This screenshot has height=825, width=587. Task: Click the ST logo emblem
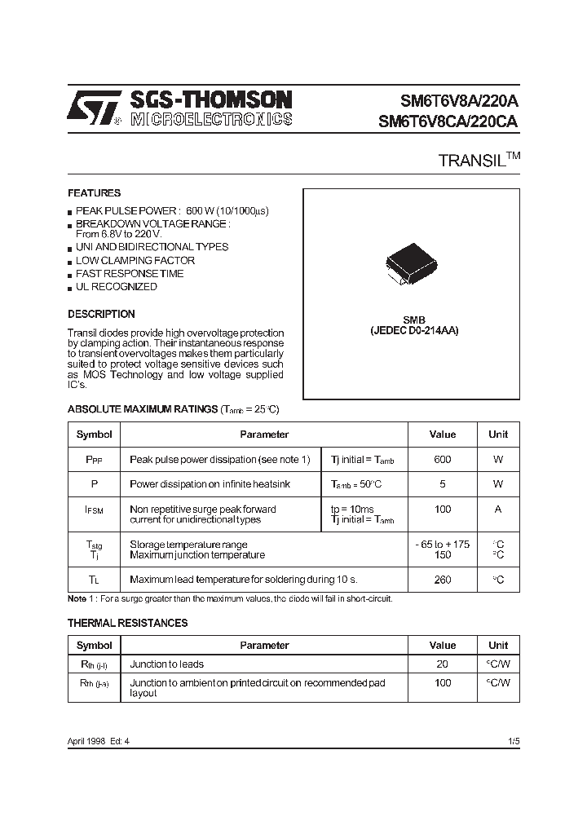pos(95,108)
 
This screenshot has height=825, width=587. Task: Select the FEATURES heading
pos(94,193)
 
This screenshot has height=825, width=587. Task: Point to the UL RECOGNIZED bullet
pos(116,287)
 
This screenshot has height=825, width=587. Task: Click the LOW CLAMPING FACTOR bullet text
pos(135,260)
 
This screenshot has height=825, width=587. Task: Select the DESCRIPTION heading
pos(101,314)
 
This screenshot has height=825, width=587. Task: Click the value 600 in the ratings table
pos(442,460)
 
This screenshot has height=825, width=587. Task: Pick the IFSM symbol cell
pos(94,510)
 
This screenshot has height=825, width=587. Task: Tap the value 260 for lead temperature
pos(442,580)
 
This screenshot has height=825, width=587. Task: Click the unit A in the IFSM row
pos(497,510)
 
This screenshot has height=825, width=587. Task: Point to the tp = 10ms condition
pos(352,509)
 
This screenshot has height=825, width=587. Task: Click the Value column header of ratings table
pos(442,435)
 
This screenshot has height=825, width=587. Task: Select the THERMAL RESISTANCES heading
pos(127,623)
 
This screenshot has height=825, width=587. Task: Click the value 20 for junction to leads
pos(442,664)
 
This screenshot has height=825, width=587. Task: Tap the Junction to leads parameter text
pos(167,664)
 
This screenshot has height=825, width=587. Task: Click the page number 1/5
pos(513,740)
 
